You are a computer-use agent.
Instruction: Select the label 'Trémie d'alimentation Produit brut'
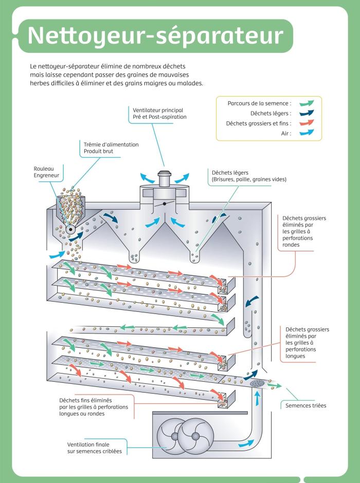[x=111, y=148]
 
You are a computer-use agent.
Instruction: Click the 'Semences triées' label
[x=306, y=405]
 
